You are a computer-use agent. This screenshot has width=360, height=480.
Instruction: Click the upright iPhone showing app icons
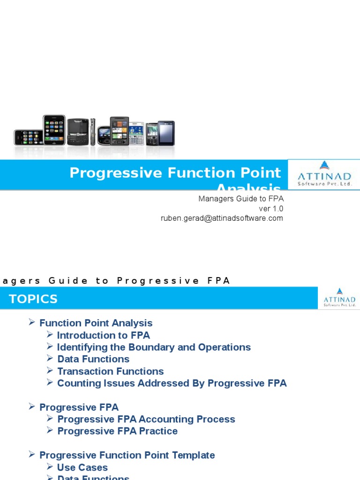54,130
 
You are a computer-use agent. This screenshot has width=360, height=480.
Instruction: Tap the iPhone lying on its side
28,137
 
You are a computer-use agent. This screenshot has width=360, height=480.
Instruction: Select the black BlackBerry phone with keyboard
77,131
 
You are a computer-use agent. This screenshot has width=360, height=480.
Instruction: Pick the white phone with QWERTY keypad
136,134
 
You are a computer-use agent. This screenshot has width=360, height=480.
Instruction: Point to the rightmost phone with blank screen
166,133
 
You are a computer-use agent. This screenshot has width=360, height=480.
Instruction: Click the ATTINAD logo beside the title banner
324,174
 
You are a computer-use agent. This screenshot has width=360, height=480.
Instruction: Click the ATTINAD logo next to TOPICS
339,298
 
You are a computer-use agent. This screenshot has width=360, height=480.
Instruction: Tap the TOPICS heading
33,299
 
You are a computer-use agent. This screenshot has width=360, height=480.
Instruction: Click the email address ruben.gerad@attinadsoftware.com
222,218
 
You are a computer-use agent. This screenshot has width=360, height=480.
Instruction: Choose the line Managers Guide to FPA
241,199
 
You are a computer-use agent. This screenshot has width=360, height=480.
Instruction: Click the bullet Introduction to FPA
103,335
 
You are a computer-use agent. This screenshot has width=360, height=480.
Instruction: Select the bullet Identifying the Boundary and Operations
154,347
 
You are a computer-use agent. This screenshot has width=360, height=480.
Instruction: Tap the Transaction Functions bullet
110,371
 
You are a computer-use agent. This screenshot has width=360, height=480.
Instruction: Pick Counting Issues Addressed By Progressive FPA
172,383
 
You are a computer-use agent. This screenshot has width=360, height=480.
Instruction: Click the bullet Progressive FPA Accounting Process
146,419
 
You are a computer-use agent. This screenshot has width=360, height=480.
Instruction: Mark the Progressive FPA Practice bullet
117,431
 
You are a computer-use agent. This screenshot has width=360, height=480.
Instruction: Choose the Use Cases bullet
82,467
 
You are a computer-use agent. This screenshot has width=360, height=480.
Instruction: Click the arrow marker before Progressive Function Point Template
32,455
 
